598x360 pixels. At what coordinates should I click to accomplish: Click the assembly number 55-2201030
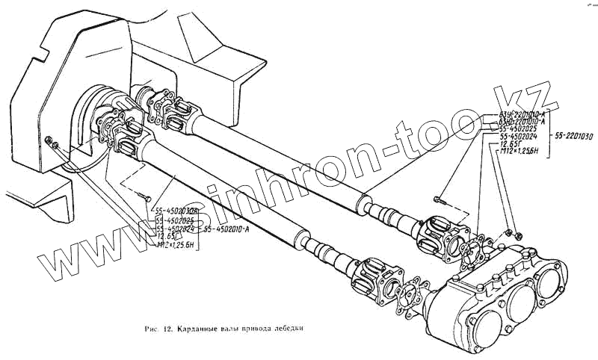[x=576, y=136]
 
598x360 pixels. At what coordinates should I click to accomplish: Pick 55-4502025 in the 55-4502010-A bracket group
[x=175, y=221]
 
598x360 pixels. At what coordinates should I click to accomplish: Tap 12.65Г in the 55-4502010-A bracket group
[x=166, y=237]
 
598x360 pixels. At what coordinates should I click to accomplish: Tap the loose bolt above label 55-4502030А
[x=143, y=195]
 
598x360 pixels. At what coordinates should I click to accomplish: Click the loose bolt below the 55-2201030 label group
[x=440, y=201]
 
